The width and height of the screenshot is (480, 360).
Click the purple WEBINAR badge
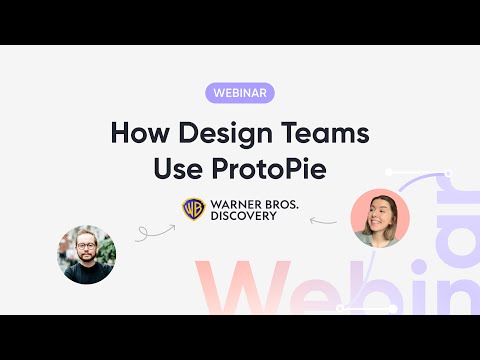[240, 93]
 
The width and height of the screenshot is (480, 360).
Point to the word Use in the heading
[176, 167]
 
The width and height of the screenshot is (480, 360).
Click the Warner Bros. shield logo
[193, 209]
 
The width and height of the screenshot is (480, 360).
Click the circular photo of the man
[86, 253]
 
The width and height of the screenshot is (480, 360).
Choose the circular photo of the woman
[380, 218]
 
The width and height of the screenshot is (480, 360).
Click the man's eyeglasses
[86, 245]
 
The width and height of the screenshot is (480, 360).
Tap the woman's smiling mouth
[381, 226]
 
